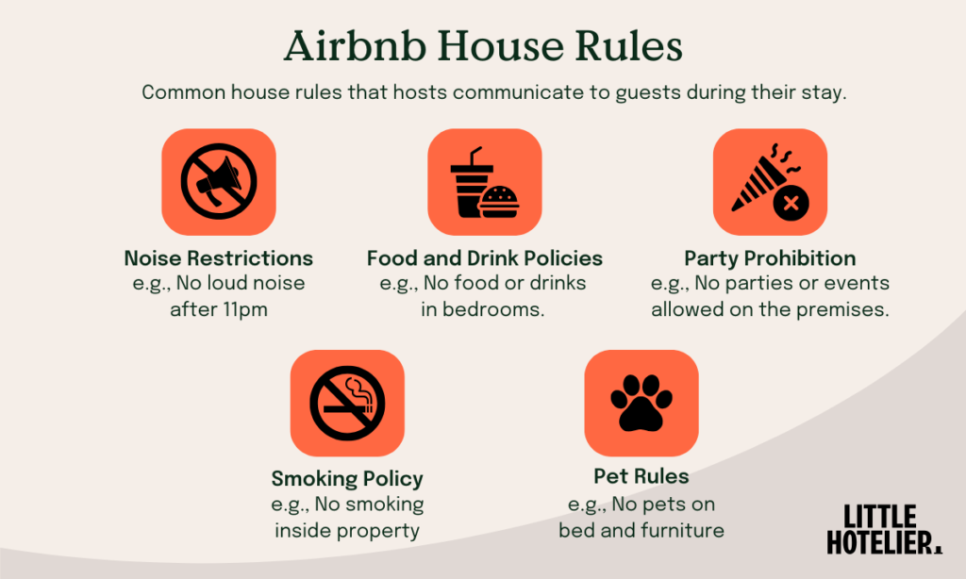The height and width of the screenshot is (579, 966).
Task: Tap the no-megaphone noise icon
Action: [x=219, y=182]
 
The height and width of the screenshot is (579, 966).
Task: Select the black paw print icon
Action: [x=641, y=403]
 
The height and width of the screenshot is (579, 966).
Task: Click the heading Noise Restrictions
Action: [x=219, y=258]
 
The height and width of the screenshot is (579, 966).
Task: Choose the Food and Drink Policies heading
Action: [x=484, y=258]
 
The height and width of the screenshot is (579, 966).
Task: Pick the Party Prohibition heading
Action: [x=770, y=258]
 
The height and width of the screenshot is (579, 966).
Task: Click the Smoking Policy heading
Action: [x=347, y=478]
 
